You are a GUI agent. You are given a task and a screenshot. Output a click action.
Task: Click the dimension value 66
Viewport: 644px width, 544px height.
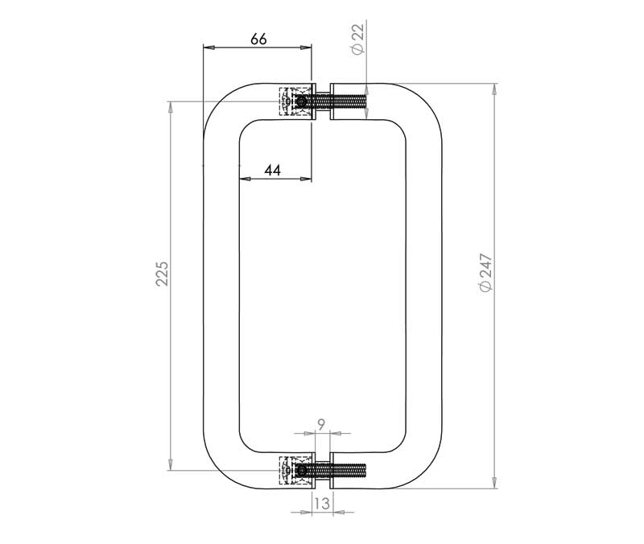(258, 39)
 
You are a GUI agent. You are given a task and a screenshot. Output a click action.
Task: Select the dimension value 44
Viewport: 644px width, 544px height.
(273, 170)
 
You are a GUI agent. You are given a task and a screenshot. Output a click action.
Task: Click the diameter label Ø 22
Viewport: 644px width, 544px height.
(358, 39)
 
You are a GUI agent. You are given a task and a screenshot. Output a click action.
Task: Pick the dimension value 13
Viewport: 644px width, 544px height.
(321, 504)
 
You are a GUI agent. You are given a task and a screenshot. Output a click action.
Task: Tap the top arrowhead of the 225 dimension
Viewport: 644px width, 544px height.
(171, 107)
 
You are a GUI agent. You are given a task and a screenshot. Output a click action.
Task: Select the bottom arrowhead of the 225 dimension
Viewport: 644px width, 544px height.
(171, 464)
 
